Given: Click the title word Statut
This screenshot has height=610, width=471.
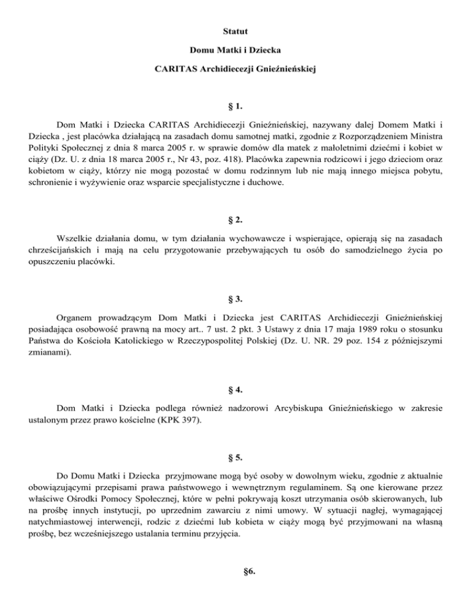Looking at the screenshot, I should tap(235, 29).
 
